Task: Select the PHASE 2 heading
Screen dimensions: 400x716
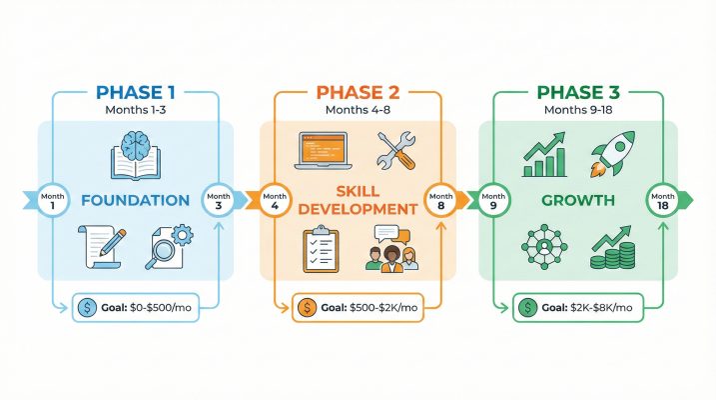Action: click(x=358, y=93)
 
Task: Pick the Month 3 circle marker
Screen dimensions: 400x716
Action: click(x=218, y=199)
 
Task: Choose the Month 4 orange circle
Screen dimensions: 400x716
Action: click(x=276, y=199)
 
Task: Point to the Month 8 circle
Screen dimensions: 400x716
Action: click(x=440, y=199)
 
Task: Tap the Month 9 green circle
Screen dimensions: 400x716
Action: click(x=493, y=199)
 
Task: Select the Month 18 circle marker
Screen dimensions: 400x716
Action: click(x=661, y=199)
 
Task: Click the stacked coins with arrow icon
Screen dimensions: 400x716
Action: click(x=610, y=249)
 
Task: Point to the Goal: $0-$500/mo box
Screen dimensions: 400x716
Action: click(x=137, y=308)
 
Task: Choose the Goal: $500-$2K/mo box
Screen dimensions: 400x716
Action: click(x=358, y=308)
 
